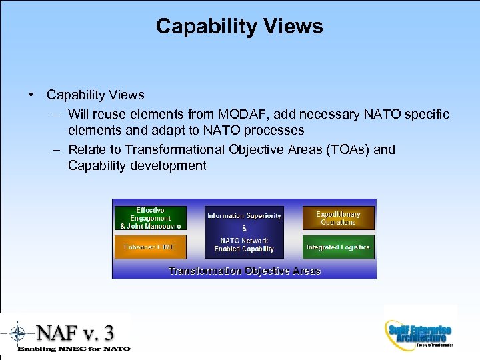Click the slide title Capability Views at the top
239,26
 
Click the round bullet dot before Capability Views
31,95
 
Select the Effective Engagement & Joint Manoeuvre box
150,218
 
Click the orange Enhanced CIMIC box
150,247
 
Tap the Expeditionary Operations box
338,218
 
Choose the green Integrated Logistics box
338,247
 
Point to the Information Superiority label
244,215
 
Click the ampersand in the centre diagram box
244,227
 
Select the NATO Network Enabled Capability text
244,245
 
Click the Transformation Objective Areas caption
244,271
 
